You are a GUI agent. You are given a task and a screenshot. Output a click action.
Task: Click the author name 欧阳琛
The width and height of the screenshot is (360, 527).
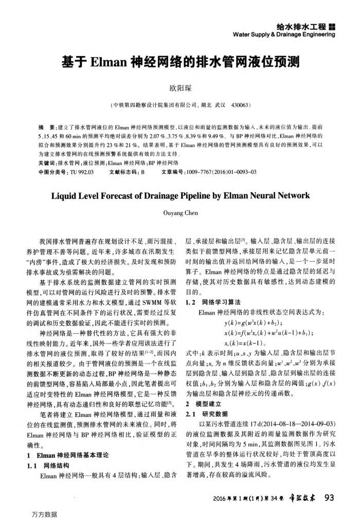click(180, 88)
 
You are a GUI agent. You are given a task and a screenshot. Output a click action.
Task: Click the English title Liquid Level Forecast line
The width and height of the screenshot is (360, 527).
click(180, 196)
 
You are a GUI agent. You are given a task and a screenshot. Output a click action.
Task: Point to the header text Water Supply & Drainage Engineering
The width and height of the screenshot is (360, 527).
click(284, 34)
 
